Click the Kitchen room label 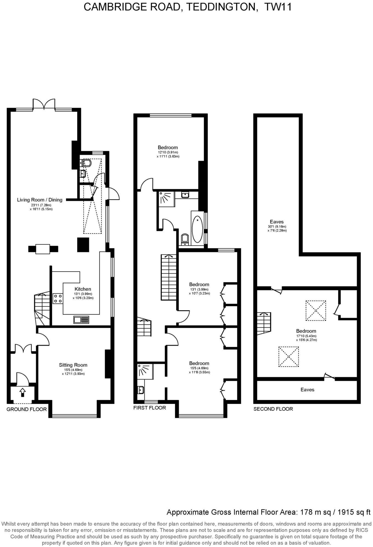[83, 289]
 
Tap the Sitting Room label [73, 365]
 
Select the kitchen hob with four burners [58, 298]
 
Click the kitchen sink [81, 320]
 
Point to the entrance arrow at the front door [22, 392]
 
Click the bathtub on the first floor [197, 229]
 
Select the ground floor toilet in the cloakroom [87, 163]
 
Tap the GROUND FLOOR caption [27, 409]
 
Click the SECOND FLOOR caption [273, 409]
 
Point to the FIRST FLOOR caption [149, 408]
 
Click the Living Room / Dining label [40, 200]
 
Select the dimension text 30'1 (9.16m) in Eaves [277, 227]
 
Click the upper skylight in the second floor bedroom [316, 311]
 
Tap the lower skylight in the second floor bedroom [289, 356]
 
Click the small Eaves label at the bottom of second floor [307, 390]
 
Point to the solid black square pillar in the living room [83, 245]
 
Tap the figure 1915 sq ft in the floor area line [354, 512]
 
